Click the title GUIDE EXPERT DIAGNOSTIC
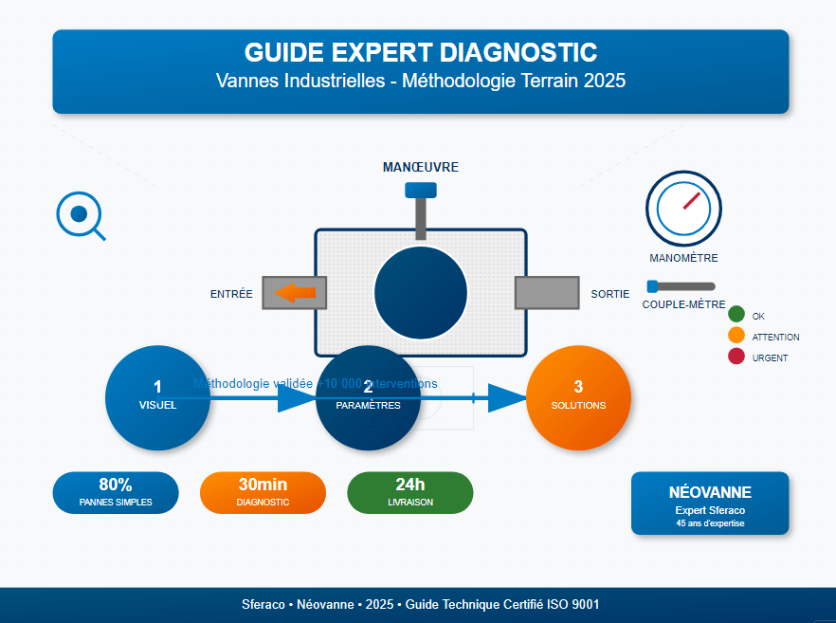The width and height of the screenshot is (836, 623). [x=420, y=52]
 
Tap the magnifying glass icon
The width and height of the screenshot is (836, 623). [x=80, y=215]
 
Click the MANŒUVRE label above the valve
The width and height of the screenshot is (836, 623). [x=420, y=167]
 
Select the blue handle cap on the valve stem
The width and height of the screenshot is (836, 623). [x=420, y=190]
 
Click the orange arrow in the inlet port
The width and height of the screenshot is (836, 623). [x=295, y=292]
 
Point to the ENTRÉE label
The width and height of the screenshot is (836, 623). [x=231, y=294]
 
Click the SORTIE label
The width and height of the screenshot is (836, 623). [x=609, y=294]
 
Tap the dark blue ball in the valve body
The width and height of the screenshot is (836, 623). [x=420, y=292]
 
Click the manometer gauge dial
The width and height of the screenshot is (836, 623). [x=683, y=209]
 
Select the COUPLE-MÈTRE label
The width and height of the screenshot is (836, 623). [x=683, y=305]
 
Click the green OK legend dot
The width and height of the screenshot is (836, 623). [x=736, y=315]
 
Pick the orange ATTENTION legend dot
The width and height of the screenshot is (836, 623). [x=736, y=336]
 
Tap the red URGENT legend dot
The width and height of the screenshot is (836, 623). [x=736, y=357]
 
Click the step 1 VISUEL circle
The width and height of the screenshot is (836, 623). [x=157, y=396]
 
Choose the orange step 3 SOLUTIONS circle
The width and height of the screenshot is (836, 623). [x=578, y=396]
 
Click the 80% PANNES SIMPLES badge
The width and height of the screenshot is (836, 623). [x=115, y=492]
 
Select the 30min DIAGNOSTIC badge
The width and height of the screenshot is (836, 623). [x=263, y=492]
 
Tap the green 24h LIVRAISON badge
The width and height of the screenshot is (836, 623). [x=409, y=492]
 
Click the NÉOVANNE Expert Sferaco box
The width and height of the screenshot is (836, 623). [x=709, y=503]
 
